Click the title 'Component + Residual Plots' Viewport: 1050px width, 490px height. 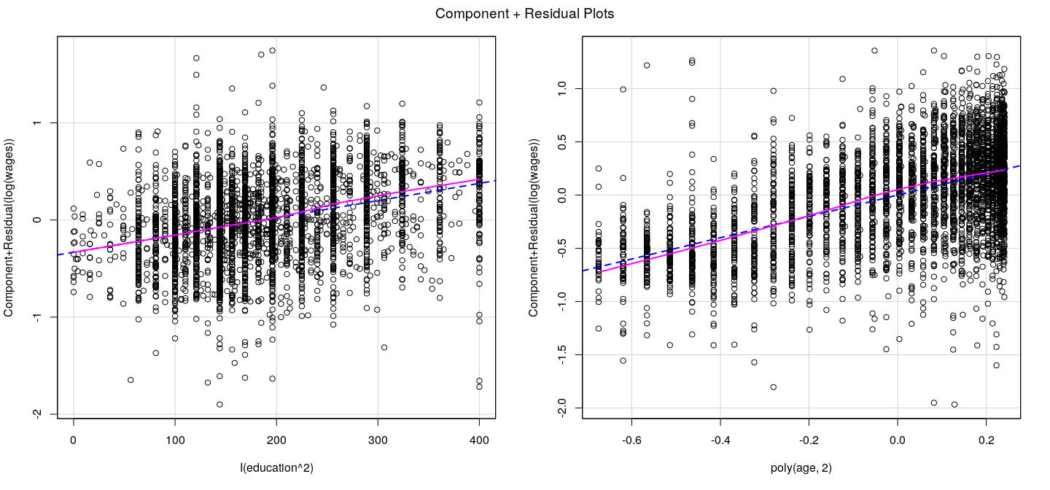(x=525, y=14)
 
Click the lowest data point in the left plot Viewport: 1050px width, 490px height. (x=219, y=405)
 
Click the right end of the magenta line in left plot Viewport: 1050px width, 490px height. (x=480, y=179)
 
